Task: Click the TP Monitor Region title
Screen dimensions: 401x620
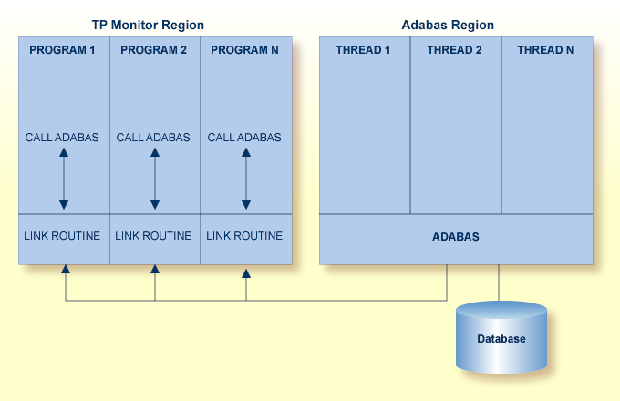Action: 148,25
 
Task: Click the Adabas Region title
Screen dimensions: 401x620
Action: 448,25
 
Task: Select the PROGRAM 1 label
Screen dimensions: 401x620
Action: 62,50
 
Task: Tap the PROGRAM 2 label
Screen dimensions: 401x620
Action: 153,50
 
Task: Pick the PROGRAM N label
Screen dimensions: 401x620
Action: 244,50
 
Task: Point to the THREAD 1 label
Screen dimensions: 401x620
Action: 363,50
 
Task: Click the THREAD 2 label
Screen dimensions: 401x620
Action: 454,50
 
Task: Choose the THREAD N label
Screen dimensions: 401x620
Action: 545,50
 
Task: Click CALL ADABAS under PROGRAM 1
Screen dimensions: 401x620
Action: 63,138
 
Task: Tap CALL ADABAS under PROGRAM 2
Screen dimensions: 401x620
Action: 153,138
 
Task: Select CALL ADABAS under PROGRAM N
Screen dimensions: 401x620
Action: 244,138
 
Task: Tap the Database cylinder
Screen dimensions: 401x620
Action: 501,339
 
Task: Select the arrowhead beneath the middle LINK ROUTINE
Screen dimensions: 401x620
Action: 155,270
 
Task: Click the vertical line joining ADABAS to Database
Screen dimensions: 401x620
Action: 499,283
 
